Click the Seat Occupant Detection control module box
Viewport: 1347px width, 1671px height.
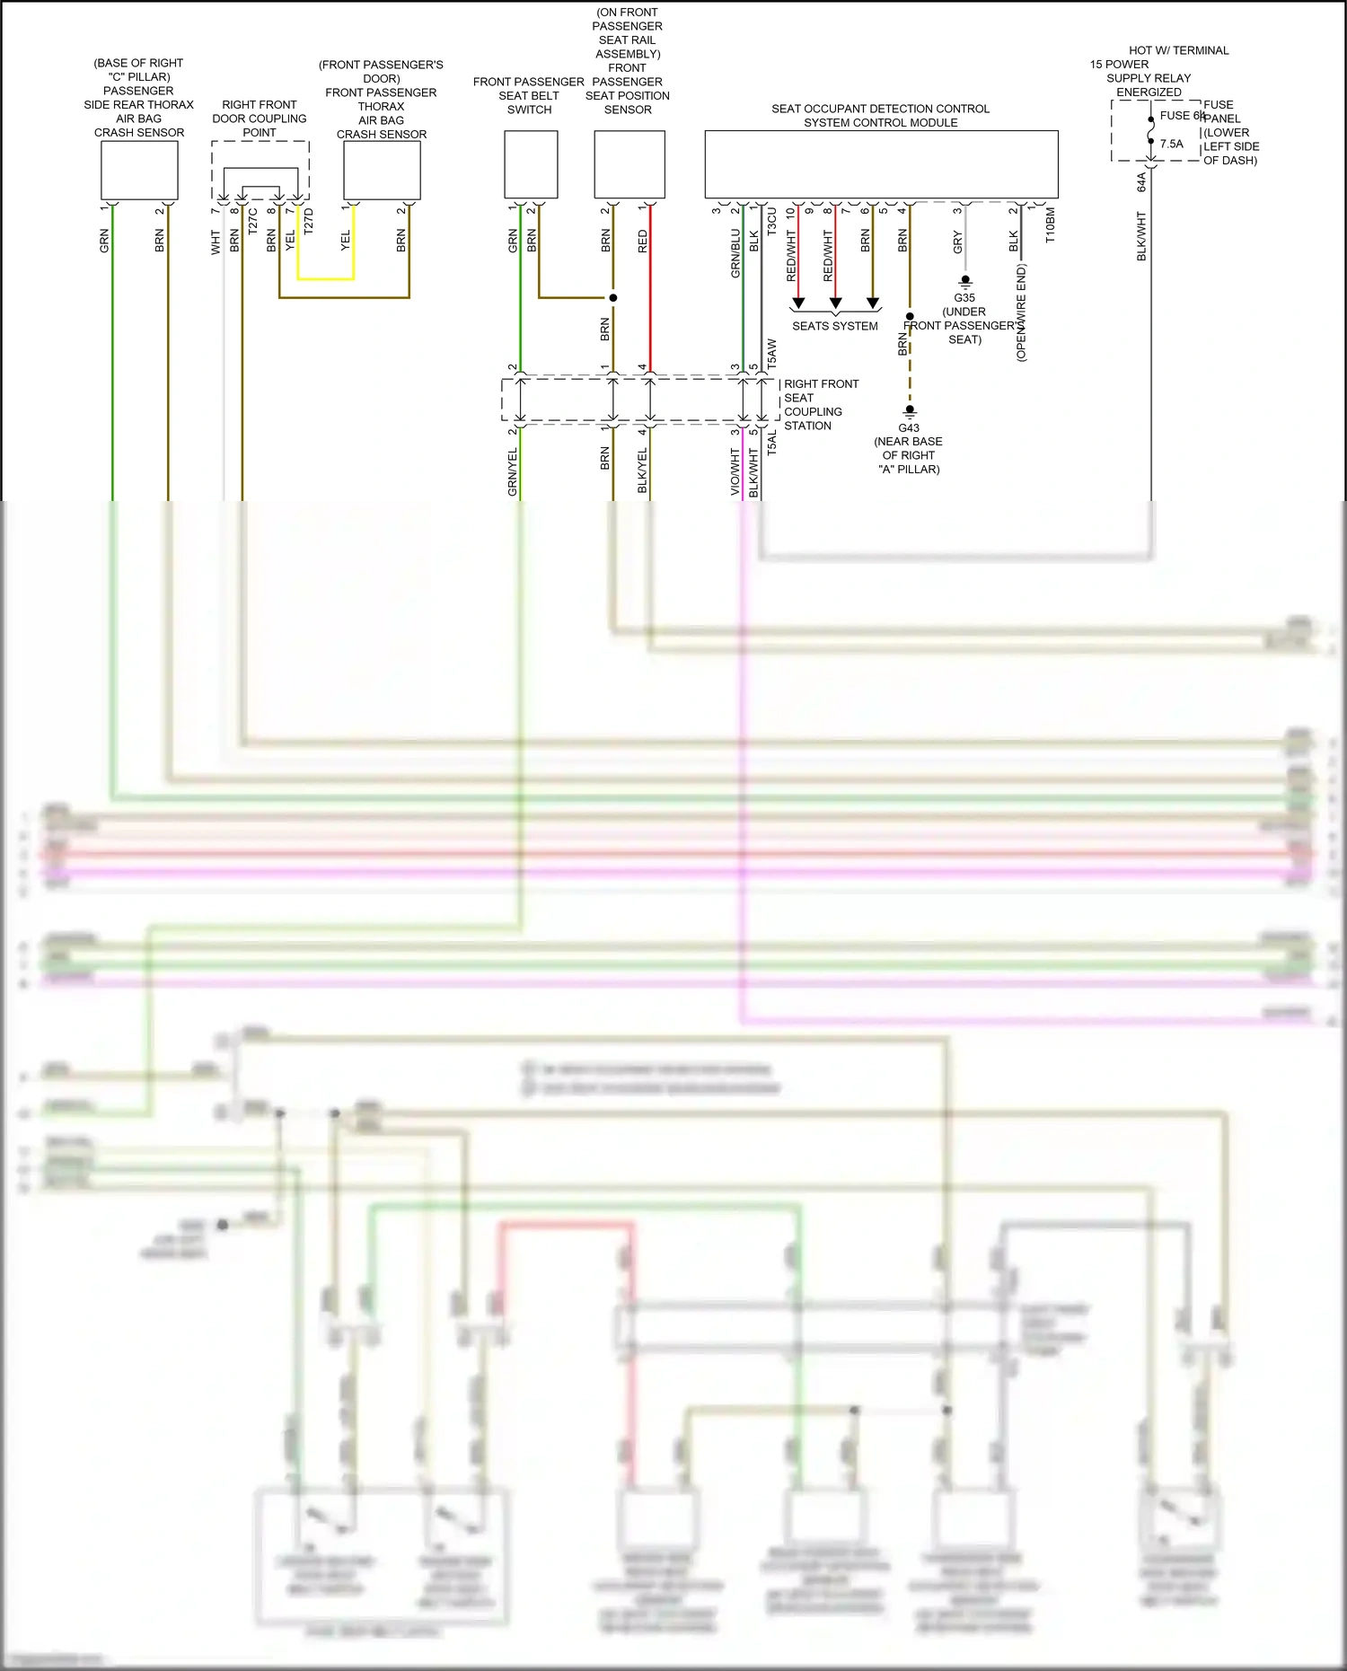coord(881,164)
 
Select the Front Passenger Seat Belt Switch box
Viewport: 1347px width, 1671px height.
coord(531,164)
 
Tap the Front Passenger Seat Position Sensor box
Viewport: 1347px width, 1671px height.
coord(629,164)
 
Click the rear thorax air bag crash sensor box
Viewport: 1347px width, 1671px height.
coord(139,171)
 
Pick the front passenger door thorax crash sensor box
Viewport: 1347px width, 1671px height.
coord(382,171)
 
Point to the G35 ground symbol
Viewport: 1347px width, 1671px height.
coord(965,282)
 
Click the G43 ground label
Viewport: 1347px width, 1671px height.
coord(909,428)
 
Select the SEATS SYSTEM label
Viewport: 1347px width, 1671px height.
coord(834,326)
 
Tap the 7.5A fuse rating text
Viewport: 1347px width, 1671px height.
coord(1171,144)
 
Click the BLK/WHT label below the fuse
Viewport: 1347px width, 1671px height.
coord(1141,236)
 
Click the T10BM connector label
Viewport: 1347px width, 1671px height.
coord(1050,225)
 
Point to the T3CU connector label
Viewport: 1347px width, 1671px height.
coord(771,222)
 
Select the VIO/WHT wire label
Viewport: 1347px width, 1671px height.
coord(735,472)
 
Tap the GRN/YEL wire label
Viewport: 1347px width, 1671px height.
coord(513,472)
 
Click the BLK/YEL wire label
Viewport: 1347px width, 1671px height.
coord(642,471)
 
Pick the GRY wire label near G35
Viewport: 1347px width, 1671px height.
coord(957,242)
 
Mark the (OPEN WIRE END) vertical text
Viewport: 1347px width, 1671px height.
coord(1021,312)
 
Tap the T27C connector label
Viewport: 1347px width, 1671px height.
coord(252,221)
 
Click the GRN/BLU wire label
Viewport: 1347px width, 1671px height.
coord(735,253)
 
